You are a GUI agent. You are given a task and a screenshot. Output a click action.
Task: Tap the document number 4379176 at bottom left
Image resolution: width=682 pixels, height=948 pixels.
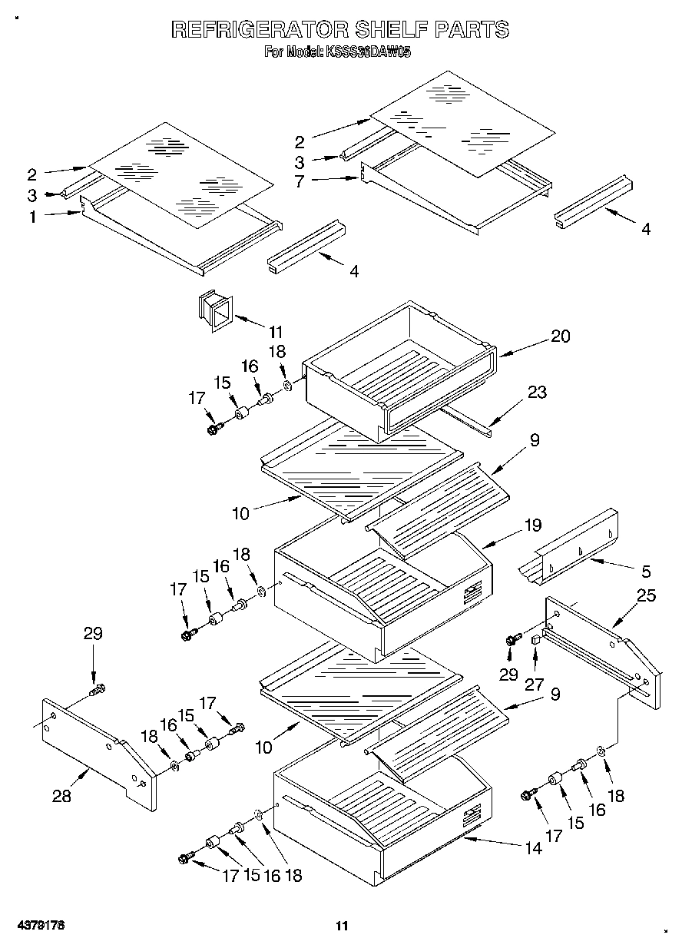click(38, 925)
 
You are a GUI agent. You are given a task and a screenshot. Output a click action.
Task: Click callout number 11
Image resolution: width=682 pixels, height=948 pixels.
click(276, 332)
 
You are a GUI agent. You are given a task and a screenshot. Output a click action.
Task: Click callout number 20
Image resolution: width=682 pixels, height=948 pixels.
click(561, 336)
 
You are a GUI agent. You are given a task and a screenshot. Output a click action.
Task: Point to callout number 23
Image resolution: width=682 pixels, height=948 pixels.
click(537, 392)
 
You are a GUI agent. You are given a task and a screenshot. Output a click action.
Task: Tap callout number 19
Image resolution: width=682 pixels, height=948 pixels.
click(532, 525)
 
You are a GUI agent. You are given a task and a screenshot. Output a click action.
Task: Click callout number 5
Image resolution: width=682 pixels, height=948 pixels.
click(645, 571)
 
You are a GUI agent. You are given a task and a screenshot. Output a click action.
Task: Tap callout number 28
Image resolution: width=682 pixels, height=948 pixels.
click(61, 796)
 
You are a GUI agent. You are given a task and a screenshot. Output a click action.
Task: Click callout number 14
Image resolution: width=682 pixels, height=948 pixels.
click(533, 848)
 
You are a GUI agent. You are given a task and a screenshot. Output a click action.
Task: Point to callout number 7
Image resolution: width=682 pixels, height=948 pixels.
click(300, 181)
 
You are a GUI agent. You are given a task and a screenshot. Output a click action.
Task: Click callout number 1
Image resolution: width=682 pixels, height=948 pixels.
click(32, 217)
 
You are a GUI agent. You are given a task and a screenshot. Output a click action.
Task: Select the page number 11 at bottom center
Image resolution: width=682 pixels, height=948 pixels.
click(342, 925)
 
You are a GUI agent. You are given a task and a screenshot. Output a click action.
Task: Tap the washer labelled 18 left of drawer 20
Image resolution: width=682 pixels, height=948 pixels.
click(286, 383)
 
